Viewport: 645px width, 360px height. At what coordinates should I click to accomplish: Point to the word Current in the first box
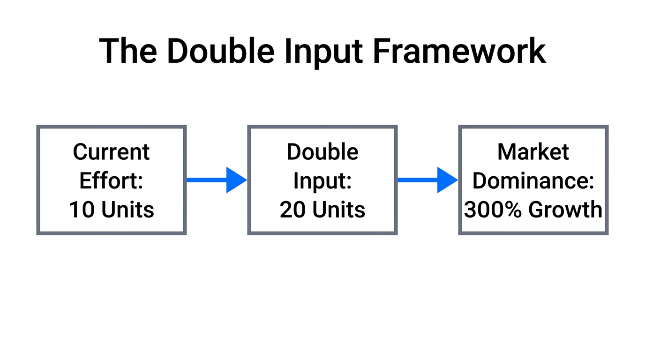[x=112, y=152]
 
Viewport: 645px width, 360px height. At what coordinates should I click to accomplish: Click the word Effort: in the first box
[x=112, y=180]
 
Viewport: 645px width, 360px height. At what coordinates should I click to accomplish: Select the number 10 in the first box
[x=81, y=210]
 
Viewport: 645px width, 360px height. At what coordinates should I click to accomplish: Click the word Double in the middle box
[x=322, y=152]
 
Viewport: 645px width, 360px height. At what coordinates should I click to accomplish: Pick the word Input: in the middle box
[x=322, y=180]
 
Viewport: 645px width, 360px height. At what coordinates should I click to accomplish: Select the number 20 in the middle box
[x=292, y=210]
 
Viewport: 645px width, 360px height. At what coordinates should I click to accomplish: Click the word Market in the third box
[x=533, y=152]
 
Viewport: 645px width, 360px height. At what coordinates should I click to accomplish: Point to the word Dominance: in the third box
[x=533, y=180]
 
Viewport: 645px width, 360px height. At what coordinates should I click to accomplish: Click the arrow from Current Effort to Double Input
[x=216, y=180]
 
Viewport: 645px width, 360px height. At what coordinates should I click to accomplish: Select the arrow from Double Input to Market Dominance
[x=427, y=180]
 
